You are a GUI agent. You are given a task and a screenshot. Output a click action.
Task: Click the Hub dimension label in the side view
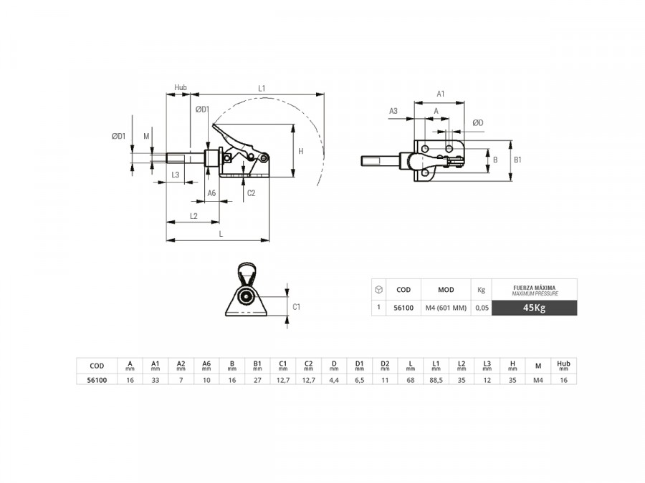(180, 87)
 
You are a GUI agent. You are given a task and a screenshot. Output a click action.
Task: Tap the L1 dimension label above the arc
(262, 88)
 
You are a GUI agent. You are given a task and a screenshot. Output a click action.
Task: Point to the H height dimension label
(301, 151)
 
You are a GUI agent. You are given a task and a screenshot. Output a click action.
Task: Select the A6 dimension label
(211, 193)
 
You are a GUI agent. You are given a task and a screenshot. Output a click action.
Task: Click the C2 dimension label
(251, 193)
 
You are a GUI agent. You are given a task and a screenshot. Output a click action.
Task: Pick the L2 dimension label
(193, 216)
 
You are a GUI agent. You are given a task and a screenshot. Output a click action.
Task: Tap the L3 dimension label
(176, 175)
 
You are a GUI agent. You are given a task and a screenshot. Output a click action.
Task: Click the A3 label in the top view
(393, 111)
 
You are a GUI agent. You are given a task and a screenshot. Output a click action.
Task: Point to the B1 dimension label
(517, 160)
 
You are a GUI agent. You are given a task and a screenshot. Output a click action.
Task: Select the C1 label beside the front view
(296, 307)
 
